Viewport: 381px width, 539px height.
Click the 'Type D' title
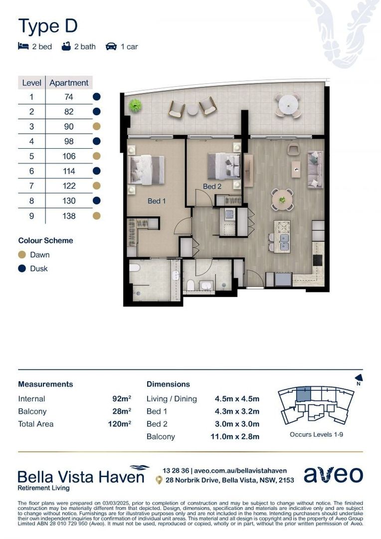click(48, 25)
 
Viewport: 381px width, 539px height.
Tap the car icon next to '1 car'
click(111, 46)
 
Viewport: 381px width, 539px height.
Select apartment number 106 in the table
click(69, 156)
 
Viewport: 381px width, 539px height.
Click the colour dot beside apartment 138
click(97, 216)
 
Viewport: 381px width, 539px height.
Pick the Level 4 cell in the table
click(31, 141)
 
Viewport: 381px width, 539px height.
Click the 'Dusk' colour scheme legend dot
click(22, 269)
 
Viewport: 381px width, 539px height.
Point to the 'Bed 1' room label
click(156, 201)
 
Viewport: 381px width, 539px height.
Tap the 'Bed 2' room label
click(212, 186)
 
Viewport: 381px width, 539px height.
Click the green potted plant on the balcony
click(135, 105)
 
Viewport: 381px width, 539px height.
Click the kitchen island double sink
click(282, 242)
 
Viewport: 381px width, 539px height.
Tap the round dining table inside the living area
click(282, 200)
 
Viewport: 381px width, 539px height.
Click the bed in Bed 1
click(147, 170)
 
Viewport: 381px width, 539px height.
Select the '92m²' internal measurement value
click(122, 399)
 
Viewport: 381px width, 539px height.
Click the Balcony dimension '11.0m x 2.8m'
click(237, 437)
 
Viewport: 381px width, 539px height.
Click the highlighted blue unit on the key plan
click(303, 395)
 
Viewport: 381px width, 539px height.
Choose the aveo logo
click(333, 475)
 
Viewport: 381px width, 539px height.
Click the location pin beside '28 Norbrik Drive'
click(159, 480)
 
